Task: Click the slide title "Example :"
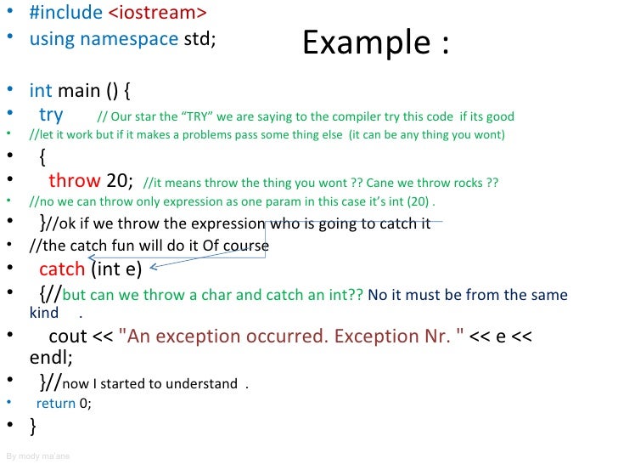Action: point(375,42)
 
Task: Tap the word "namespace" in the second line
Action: point(129,39)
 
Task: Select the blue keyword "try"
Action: point(51,115)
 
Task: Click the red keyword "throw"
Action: point(75,180)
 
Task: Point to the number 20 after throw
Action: point(119,180)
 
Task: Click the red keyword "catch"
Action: point(62,269)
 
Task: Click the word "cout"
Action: point(69,337)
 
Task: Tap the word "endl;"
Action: point(52,358)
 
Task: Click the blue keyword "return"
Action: point(55,405)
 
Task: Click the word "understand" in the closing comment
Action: point(201,384)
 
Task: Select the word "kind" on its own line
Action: point(44,313)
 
